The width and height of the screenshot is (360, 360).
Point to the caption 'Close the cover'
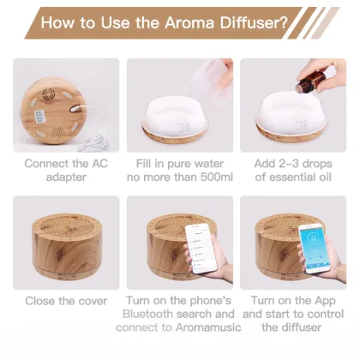[x=66, y=301]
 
